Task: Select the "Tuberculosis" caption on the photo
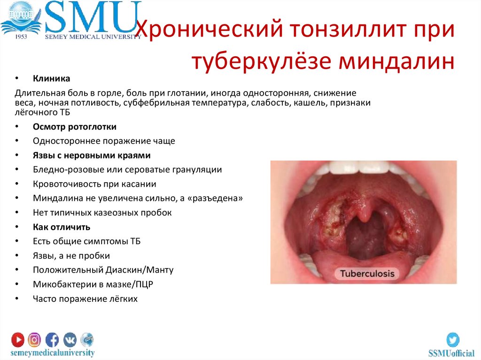367,274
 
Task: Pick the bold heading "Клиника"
51,78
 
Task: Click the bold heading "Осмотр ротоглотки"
75,127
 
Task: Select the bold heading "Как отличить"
62,227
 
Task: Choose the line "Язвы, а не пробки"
71,256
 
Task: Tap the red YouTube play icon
18,339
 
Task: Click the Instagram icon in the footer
34,339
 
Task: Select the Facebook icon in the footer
52,339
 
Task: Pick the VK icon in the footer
70,339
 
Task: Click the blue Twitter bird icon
453,340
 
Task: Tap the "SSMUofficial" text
451,353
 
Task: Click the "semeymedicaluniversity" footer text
53,352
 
